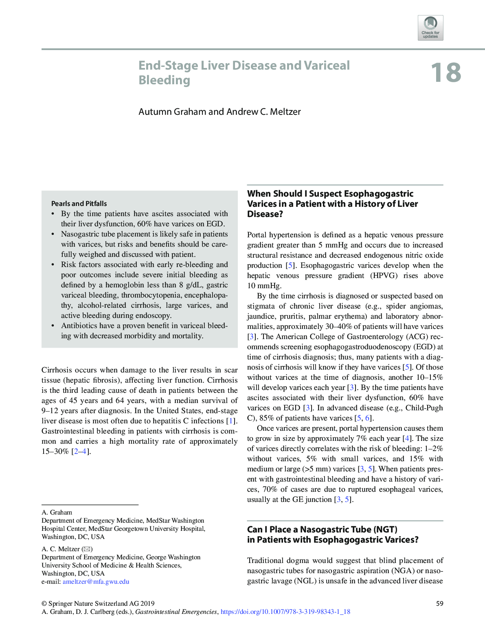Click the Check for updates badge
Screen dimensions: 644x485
430,28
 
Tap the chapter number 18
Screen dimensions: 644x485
445,73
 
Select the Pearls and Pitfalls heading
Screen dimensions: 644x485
79,204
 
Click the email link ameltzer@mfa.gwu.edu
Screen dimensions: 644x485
96,581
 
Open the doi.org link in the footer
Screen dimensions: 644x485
285,611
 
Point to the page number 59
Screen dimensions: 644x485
439,603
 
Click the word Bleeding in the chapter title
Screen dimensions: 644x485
164,80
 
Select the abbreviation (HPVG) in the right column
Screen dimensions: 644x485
384,276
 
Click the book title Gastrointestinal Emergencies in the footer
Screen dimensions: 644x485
176,611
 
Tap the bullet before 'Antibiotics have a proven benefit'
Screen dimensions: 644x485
53,326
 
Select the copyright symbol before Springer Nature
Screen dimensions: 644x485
44,603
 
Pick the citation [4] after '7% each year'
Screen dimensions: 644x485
406,438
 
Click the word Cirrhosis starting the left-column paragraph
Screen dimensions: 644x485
57,370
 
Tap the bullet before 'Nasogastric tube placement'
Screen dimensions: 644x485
53,234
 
